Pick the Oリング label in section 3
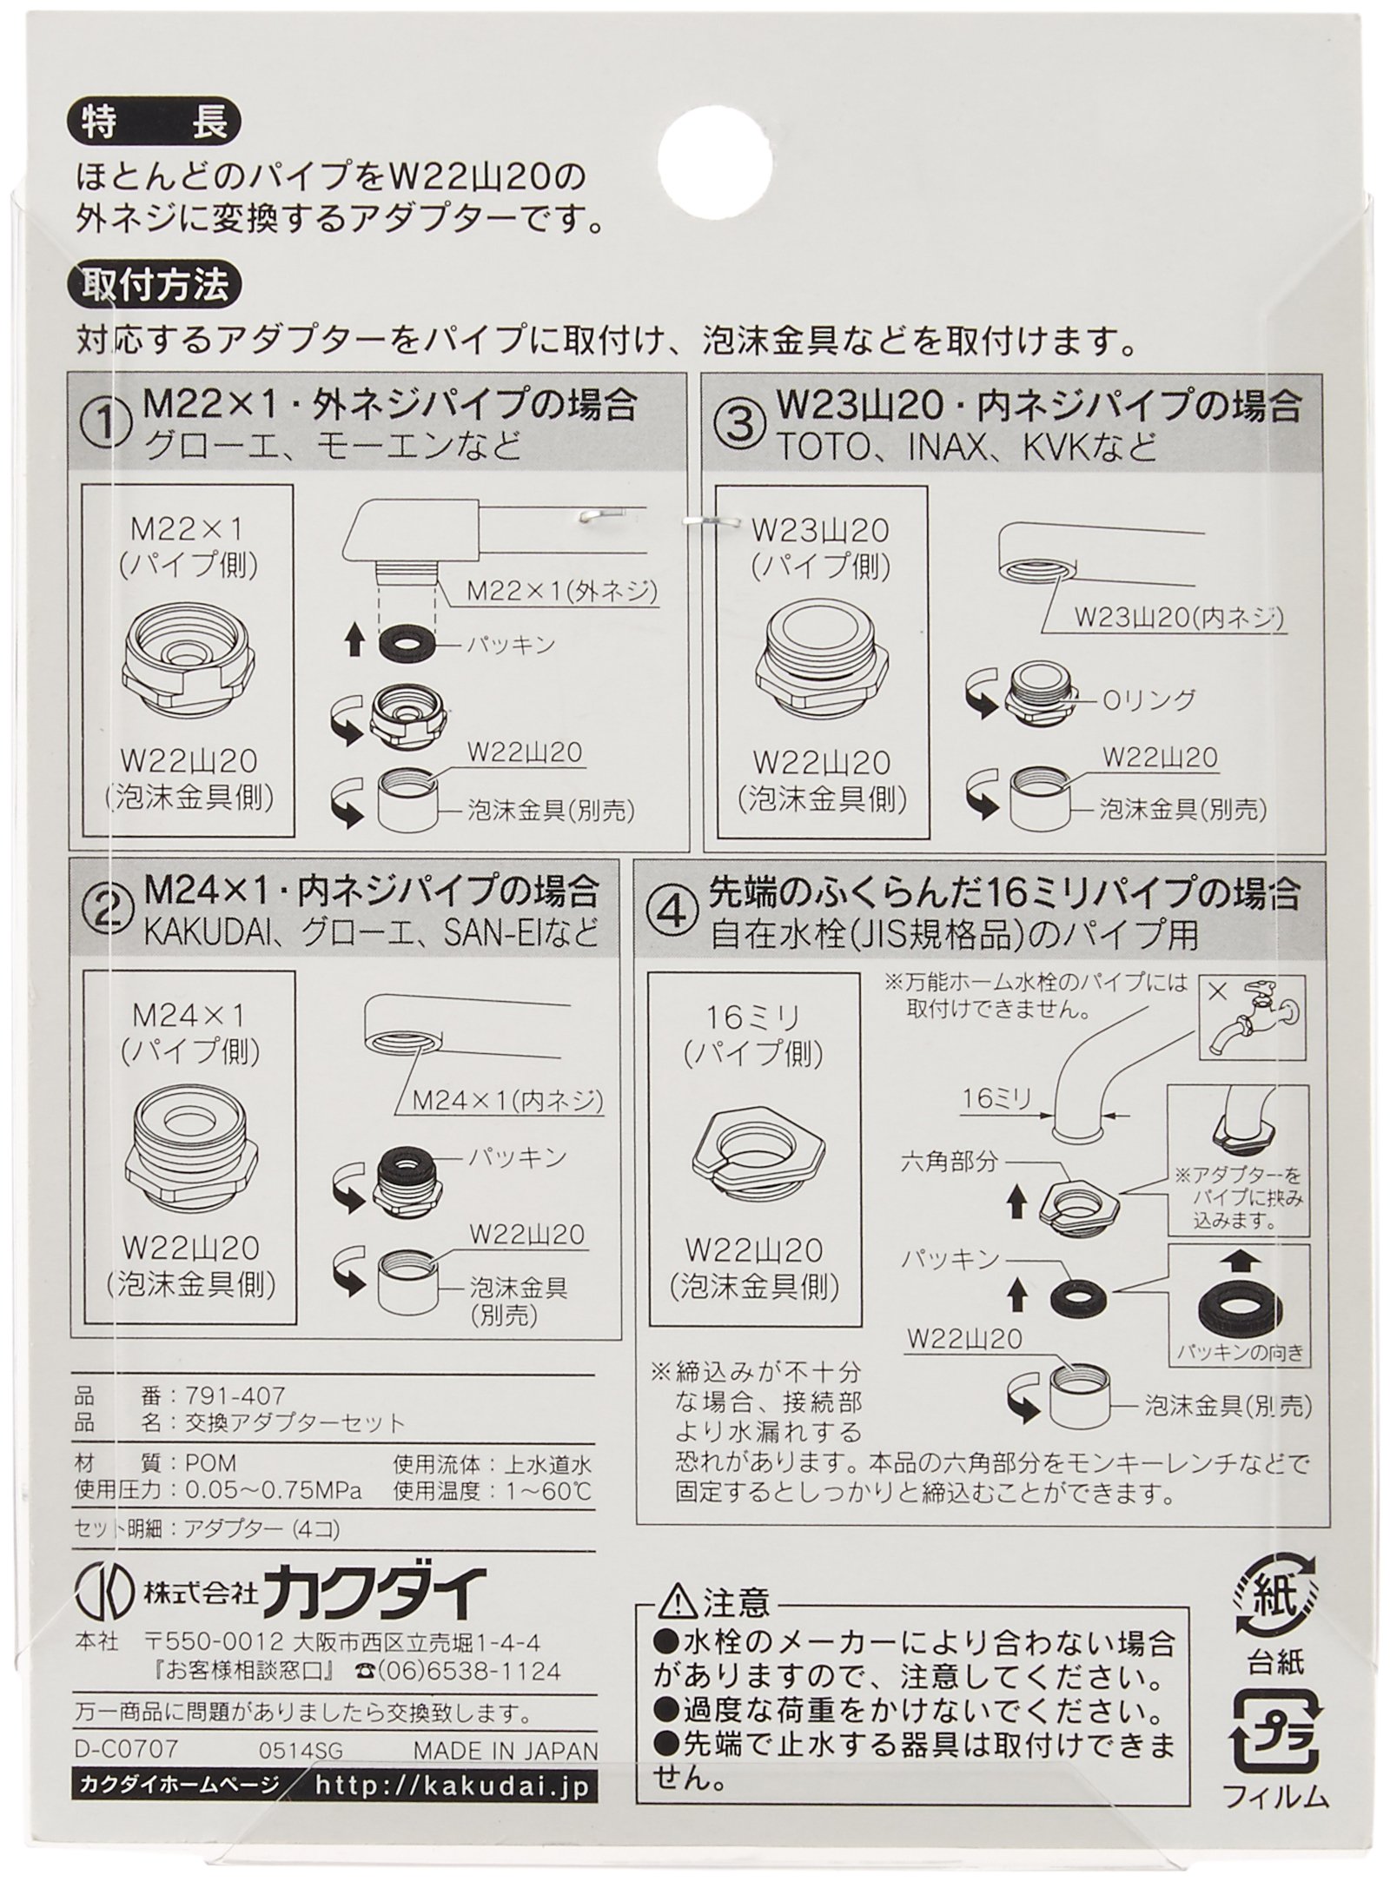[x=1139, y=698]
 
